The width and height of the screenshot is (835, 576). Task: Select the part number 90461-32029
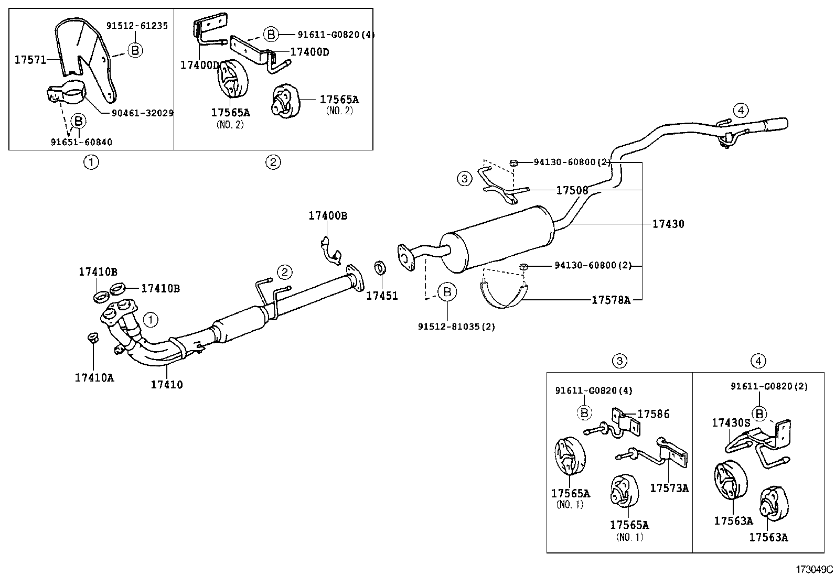[x=142, y=113]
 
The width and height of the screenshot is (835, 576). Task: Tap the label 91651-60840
[x=81, y=142]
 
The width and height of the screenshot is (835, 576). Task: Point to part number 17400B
[x=328, y=215]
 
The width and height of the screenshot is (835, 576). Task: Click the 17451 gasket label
[x=382, y=296]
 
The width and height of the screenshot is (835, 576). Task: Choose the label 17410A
[x=94, y=377]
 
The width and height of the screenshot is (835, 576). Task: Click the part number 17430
[x=668, y=224]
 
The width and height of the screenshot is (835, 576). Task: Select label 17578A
[x=611, y=300]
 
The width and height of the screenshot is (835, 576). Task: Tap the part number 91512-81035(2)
[x=456, y=327]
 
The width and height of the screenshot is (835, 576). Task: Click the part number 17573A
[x=669, y=488]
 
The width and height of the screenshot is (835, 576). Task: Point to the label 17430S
[x=731, y=422]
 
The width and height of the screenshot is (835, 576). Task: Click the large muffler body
[x=498, y=238]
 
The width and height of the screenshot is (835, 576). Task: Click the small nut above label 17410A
[x=92, y=337]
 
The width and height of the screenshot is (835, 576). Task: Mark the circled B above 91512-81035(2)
[x=447, y=292]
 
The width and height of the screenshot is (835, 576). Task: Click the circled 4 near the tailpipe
[x=740, y=111]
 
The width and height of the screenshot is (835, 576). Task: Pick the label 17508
[x=572, y=190]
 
